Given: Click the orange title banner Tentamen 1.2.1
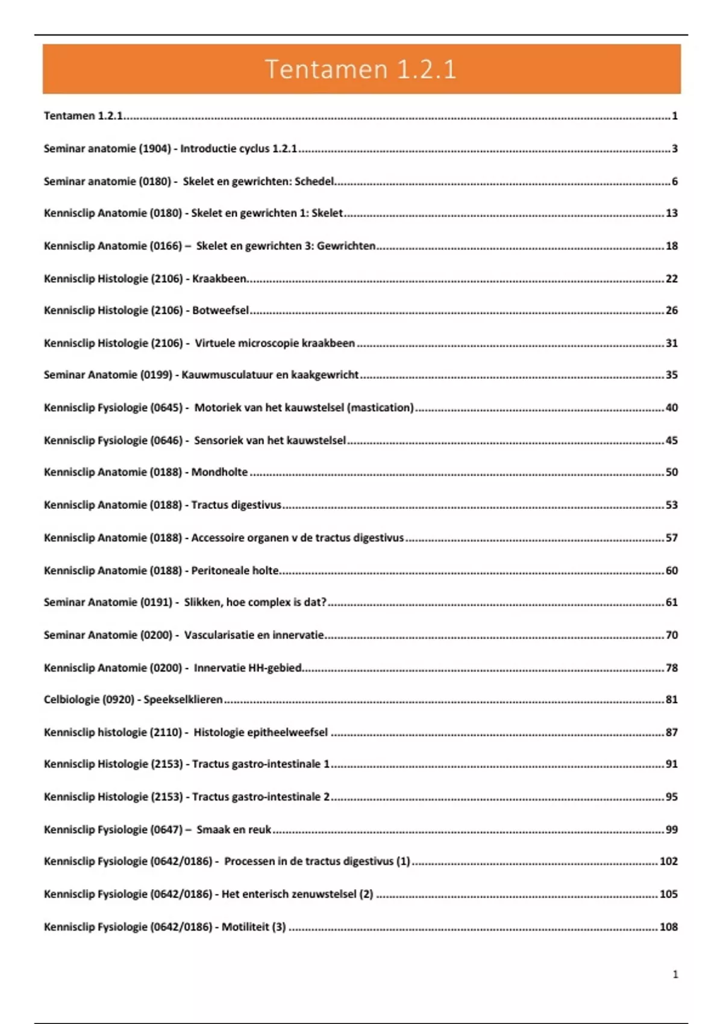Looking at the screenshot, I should [x=361, y=69].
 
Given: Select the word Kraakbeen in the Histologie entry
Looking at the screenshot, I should [x=219, y=278].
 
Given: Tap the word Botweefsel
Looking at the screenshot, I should [x=221, y=310].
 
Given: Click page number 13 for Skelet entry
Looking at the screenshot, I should [x=671, y=213].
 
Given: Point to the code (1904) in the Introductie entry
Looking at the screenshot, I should [x=155, y=148].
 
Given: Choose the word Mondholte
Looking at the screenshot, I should [x=219, y=472].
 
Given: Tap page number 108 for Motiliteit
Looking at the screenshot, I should [x=668, y=926].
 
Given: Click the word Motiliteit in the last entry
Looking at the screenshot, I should [x=245, y=926].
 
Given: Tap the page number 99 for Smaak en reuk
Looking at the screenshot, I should [x=671, y=829].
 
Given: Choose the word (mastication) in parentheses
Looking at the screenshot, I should [x=381, y=407].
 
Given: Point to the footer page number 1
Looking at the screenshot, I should [x=675, y=974].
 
